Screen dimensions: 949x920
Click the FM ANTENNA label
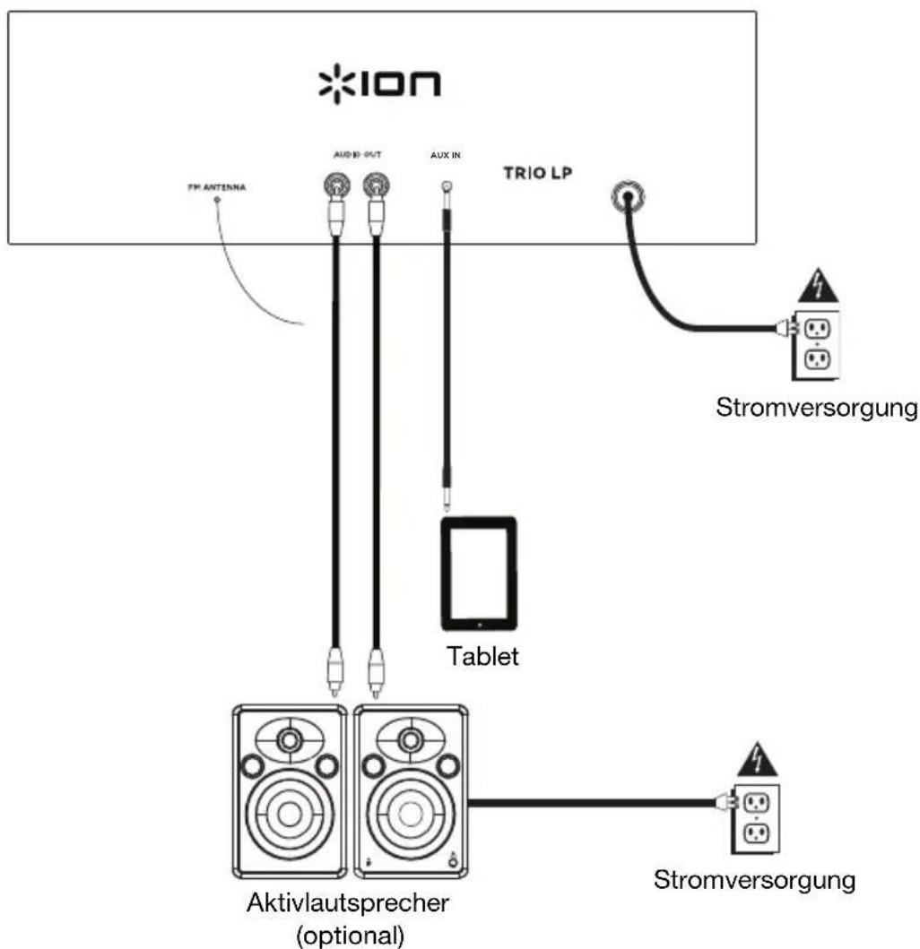pos(215,188)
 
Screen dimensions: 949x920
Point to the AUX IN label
pos(446,154)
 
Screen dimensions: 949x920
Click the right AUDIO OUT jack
pos(374,186)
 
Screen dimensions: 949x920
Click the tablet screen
pos(479,572)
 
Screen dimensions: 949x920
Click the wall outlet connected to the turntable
pos(819,341)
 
